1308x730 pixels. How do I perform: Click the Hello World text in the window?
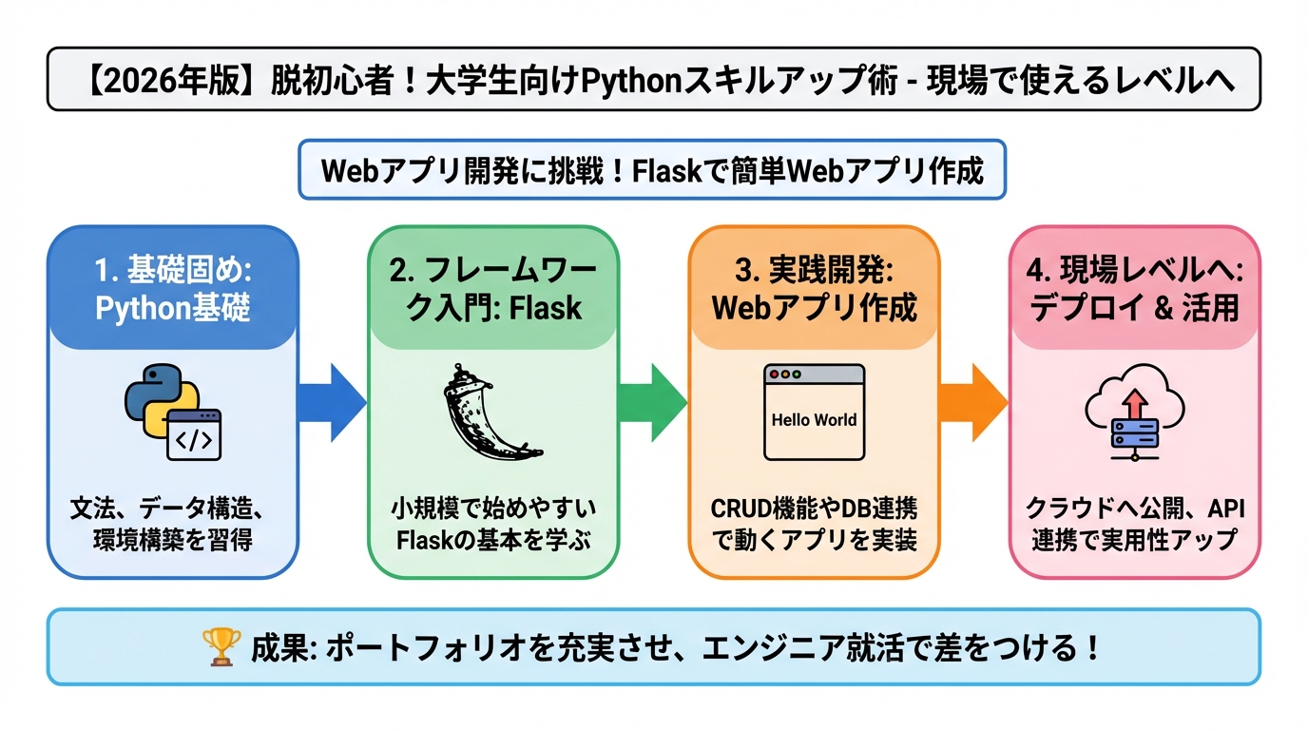pyautogui.click(x=814, y=419)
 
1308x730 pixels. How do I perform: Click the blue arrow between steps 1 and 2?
pyautogui.click(x=332, y=402)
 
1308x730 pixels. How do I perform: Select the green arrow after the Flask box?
pyautogui.click(x=652, y=402)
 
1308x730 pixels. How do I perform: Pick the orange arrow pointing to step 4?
pyautogui.click(x=972, y=402)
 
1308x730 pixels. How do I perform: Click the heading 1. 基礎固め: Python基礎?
pyautogui.click(x=173, y=289)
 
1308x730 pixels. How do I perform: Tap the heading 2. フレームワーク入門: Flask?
pyautogui.click(x=493, y=289)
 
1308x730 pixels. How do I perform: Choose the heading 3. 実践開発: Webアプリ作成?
pyautogui.click(x=814, y=289)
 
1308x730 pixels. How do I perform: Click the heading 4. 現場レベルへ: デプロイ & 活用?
pyautogui.click(x=1134, y=289)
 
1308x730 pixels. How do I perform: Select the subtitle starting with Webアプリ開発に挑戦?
pyautogui.click(x=652, y=171)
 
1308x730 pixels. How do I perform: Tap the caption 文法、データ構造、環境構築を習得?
pyautogui.click(x=173, y=524)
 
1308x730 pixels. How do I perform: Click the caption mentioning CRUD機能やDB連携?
pyautogui.click(x=814, y=524)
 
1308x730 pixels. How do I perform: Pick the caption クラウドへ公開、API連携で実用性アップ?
pyautogui.click(x=1134, y=524)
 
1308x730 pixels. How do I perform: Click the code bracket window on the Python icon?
pyautogui.click(x=193, y=434)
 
